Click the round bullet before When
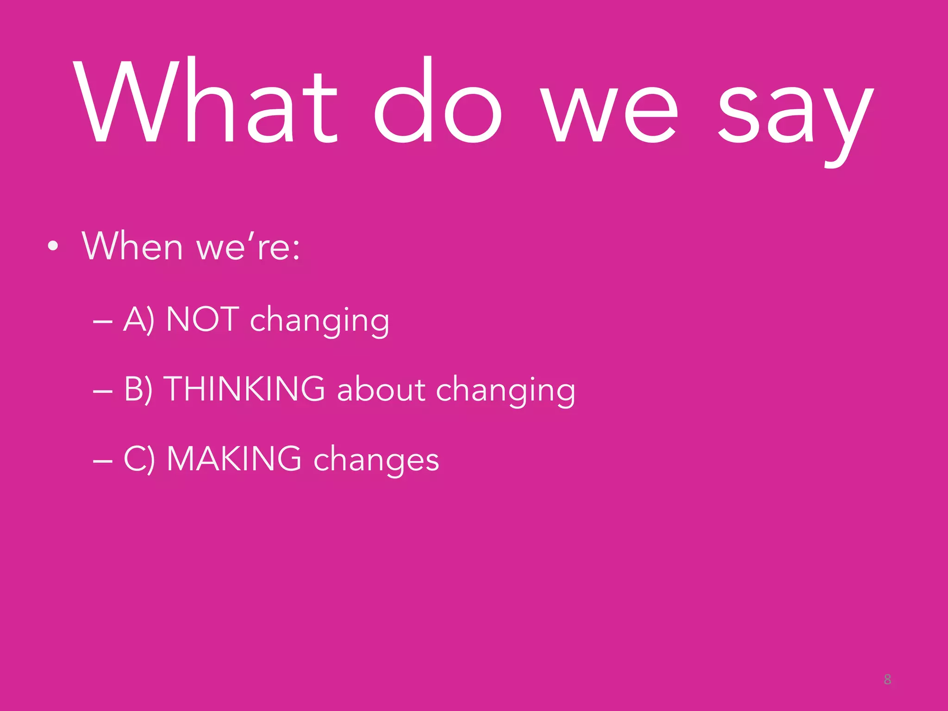53,247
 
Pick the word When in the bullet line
133,246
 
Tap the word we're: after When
248,246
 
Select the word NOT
202,319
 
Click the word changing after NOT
319,321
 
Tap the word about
381,389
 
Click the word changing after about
505,391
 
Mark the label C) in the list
139,459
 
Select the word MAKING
234,458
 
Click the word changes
376,461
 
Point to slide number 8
887,680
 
